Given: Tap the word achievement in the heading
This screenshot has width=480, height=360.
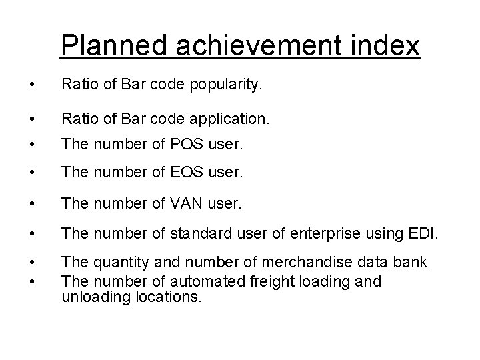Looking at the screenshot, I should pos(261,46).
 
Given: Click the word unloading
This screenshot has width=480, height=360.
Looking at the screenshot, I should pos(92,297).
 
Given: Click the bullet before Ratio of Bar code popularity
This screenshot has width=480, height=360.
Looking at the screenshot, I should pos(24,85).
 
